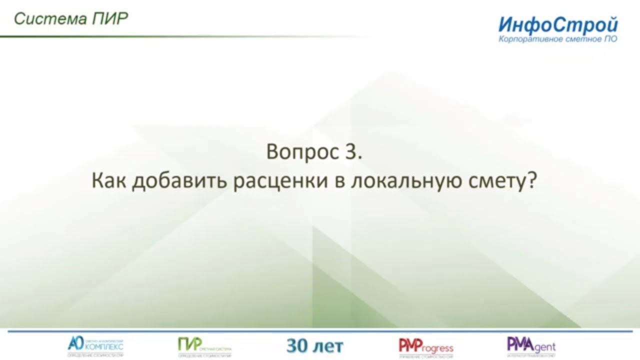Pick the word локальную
pos(397,181)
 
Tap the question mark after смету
pos(531,181)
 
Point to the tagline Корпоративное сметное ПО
pos(557,39)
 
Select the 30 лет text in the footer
pos(315,345)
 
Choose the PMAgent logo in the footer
pos(531,345)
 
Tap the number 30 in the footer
pos(298,345)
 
